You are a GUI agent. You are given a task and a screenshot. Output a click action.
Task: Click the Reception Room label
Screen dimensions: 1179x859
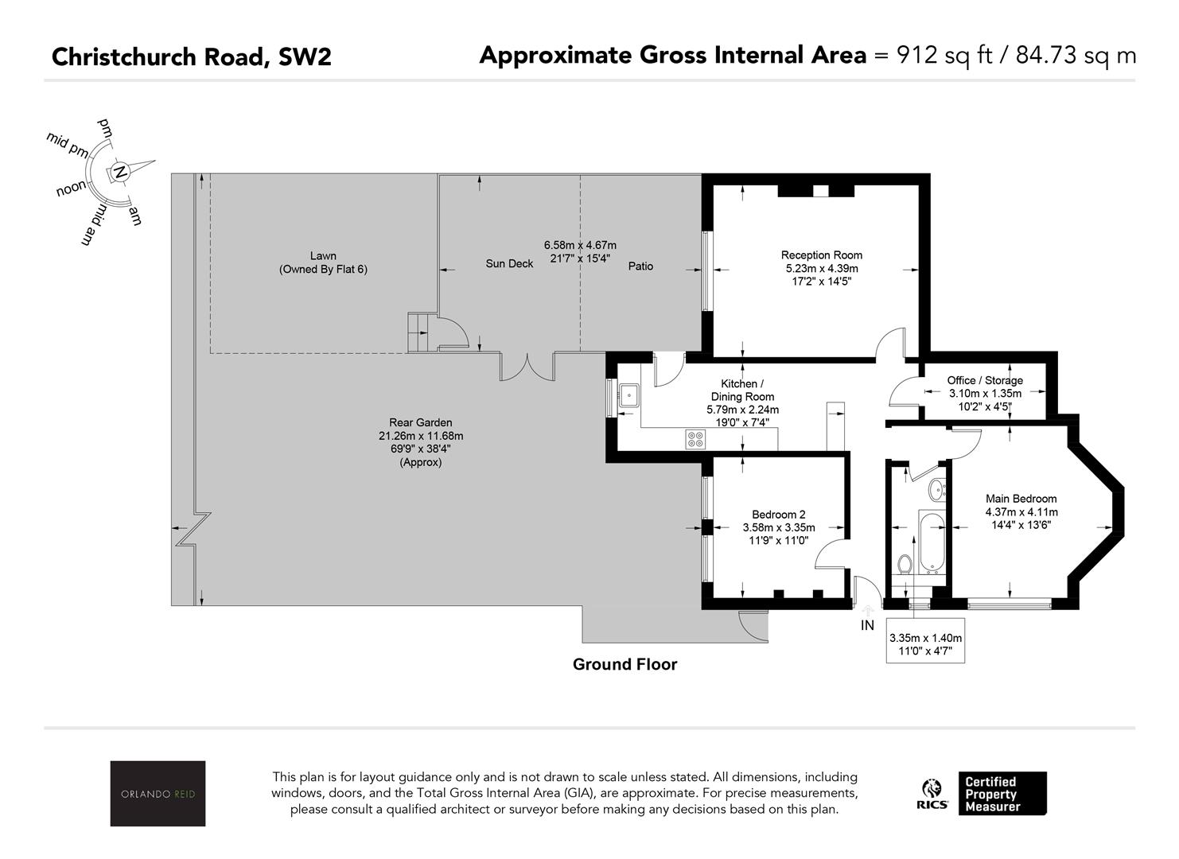pyautogui.click(x=822, y=255)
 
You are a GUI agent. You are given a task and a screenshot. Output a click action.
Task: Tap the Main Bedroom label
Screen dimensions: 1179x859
pyautogui.click(x=1021, y=499)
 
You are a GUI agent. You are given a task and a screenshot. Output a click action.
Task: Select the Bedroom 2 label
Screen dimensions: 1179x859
pyautogui.click(x=779, y=515)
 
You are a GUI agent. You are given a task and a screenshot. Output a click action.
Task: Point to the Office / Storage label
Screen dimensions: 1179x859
pyautogui.click(x=985, y=380)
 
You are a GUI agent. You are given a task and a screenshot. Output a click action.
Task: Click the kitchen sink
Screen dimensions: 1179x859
pyautogui.click(x=629, y=395)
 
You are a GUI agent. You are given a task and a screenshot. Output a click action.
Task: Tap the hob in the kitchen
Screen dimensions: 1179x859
pyautogui.click(x=695, y=440)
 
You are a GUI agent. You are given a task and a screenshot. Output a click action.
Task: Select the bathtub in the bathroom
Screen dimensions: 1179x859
pyautogui.click(x=932, y=542)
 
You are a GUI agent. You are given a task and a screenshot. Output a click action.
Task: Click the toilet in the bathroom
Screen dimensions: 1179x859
pyautogui.click(x=905, y=564)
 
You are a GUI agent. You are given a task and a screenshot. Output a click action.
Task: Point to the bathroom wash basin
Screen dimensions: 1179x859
pyautogui.click(x=937, y=489)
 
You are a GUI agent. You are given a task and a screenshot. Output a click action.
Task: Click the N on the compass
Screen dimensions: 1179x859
pyautogui.click(x=121, y=172)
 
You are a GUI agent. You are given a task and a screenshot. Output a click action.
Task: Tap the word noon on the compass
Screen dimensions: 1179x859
pyautogui.click(x=72, y=188)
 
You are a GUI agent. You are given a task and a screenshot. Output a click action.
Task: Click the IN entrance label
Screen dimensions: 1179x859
pyautogui.click(x=867, y=625)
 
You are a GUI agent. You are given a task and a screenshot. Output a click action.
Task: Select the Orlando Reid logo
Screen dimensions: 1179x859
pyautogui.click(x=158, y=793)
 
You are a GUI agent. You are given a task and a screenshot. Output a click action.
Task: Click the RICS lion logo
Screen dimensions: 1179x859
pyautogui.click(x=932, y=794)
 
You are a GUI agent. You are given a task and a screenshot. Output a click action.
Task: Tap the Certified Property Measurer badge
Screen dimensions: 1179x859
pyautogui.click(x=1002, y=794)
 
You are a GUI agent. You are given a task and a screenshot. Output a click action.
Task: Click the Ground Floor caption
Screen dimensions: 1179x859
pyautogui.click(x=625, y=664)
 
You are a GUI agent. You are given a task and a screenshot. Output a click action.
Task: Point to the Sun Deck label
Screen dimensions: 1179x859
pyautogui.click(x=509, y=264)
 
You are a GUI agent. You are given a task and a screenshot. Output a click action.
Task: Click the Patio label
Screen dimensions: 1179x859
pyautogui.click(x=640, y=266)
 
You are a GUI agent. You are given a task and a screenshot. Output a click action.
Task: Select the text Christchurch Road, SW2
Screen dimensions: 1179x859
pyautogui.click(x=192, y=56)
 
